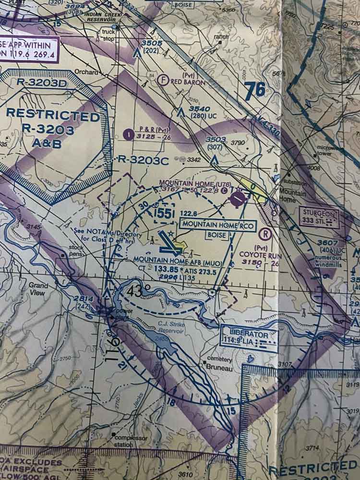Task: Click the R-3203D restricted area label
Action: [x=40, y=81]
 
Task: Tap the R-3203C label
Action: [x=144, y=161]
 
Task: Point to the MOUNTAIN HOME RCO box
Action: [x=217, y=225]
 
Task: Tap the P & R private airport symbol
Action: [x=128, y=134]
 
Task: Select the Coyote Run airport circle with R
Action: [x=264, y=234]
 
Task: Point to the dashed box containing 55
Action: [x=163, y=214]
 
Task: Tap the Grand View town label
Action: [x=38, y=288]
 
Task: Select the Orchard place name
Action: [x=86, y=72]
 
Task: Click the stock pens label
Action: [x=76, y=251]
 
